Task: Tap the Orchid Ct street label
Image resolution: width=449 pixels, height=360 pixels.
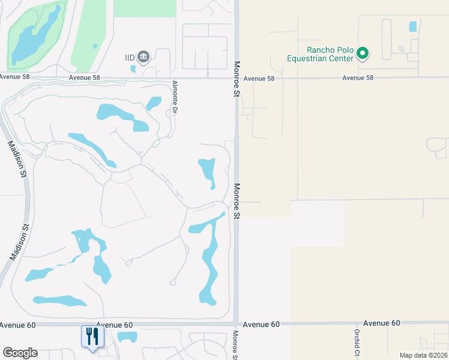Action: click(356, 342)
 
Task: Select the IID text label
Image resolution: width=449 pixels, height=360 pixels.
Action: click(129, 57)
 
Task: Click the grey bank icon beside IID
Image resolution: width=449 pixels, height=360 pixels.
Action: click(143, 57)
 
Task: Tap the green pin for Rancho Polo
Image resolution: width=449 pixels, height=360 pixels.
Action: click(362, 54)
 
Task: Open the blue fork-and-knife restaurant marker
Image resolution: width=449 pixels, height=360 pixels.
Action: click(92, 336)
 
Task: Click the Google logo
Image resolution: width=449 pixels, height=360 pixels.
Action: click(19, 353)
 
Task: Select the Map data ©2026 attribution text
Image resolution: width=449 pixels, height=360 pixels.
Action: click(423, 355)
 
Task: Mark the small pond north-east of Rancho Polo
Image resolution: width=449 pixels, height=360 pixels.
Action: click(412, 26)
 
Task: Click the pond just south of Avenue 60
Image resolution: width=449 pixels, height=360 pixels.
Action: click(127, 337)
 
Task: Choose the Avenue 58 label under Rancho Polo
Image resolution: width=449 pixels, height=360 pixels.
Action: click(358, 78)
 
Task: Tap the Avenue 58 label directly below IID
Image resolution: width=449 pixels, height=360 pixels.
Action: click(84, 78)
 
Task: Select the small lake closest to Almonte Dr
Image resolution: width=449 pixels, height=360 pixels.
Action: click(154, 103)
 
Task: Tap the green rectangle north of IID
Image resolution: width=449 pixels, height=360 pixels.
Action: click(145, 8)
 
